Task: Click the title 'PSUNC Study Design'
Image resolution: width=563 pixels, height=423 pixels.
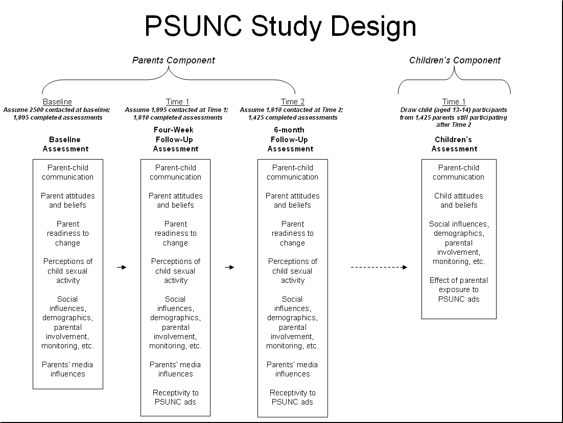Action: click(280, 27)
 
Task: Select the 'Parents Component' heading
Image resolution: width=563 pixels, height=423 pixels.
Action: click(174, 60)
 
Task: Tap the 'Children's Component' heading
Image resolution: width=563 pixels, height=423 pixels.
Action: click(455, 60)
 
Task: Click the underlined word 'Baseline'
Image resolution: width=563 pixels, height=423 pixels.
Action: click(57, 102)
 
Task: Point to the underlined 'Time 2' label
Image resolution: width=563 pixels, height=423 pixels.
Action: click(292, 102)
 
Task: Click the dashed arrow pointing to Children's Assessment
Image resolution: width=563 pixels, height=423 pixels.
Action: click(379, 267)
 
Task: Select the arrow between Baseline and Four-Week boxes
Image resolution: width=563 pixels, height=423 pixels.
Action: click(122, 267)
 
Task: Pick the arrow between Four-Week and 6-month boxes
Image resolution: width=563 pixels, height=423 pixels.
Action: click(229, 267)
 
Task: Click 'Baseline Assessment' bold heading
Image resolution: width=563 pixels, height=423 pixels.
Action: click(65, 144)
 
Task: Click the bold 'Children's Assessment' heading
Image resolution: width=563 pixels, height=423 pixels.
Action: click(454, 144)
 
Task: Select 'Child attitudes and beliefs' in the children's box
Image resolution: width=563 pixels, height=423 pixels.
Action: click(458, 201)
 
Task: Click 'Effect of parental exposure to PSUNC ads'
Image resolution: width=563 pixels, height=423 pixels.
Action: click(458, 290)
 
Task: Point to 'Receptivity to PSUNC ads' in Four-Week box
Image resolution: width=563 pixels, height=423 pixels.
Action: click(175, 397)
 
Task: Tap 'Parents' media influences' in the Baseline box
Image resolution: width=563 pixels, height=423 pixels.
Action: click(67, 369)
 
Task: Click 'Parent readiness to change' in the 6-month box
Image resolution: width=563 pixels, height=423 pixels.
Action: click(292, 233)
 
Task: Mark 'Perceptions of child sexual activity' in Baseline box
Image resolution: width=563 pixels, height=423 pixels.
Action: click(67, 271)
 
